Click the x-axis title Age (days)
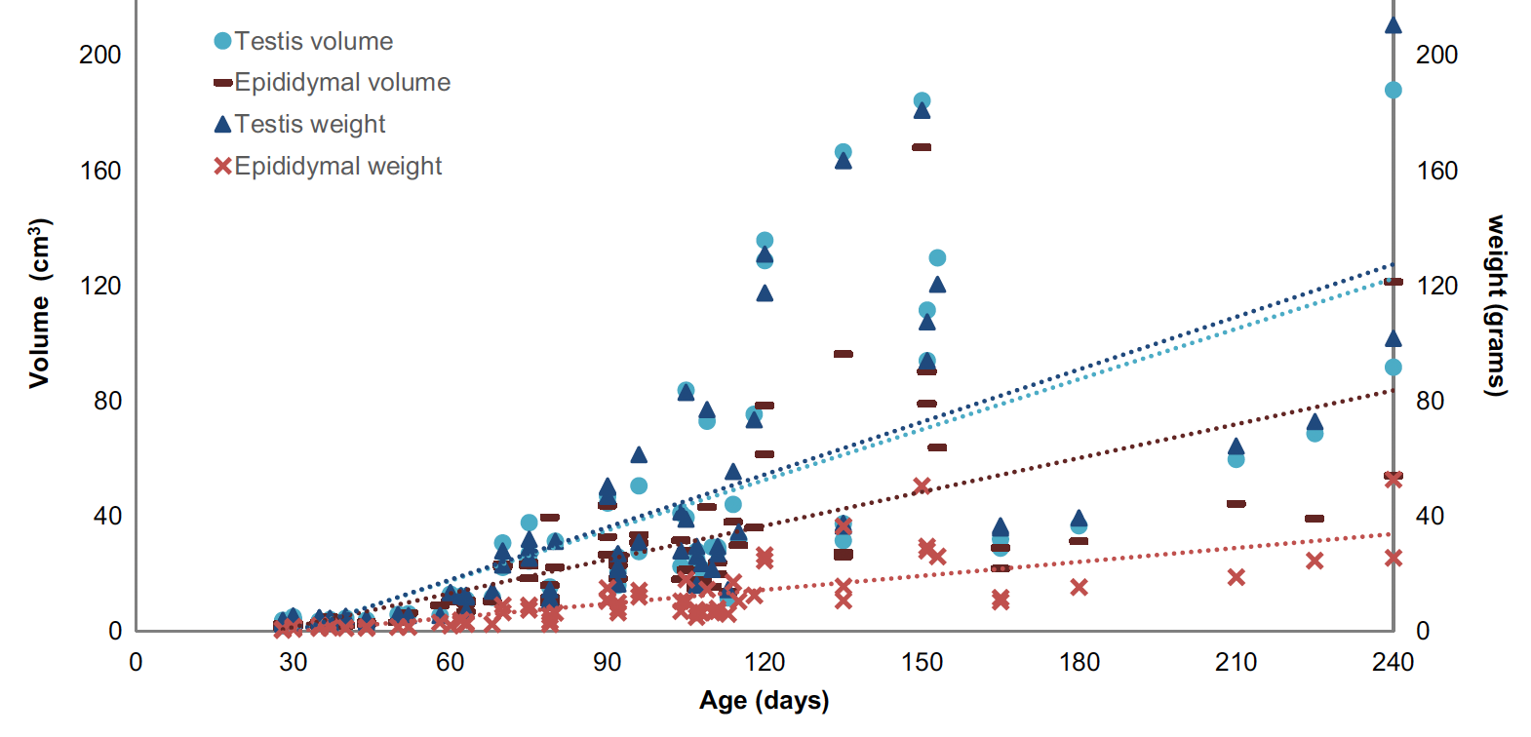click(x=764, y=701)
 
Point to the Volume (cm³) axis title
click(x=40, y=303)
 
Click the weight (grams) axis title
click(x=1495, y=305)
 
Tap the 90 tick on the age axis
click(x=607, y=663)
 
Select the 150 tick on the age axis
click(x=922, y=663)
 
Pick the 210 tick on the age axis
click(x=1236, y=663)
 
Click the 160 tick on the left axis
click(x=100, y=171)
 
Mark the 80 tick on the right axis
click(x=1431, y=401)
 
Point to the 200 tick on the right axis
click(x=1436, y=55)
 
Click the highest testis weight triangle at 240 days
click(x=1394, y=25)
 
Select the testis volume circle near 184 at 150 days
click(x=922, y=100)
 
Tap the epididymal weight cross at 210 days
click(x=1237, y=577)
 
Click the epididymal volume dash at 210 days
click(x=1237, y=504)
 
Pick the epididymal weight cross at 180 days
click(x=1079, y=587)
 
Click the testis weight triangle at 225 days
click(x=1315, y=422)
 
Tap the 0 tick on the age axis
click(x=136, y=663)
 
